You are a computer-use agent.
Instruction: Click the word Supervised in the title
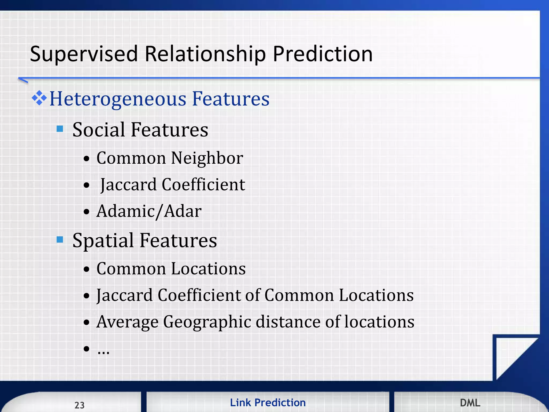[84, 54]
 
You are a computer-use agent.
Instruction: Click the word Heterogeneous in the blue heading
[118, 99]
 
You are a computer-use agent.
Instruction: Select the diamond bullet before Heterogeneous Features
[39, 98]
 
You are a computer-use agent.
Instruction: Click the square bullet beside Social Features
[60, 129]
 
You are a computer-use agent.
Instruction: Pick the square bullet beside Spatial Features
[60, 240]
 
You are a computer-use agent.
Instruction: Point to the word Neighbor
[207, 158]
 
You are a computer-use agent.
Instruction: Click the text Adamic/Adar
[149, 211]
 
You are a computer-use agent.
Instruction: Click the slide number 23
[79, 405]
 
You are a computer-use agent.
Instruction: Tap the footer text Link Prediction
[268, 403]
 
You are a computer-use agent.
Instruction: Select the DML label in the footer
[470, 403]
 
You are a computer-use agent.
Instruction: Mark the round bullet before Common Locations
[86, 269]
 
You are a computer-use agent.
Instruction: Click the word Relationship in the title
[205, 54]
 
